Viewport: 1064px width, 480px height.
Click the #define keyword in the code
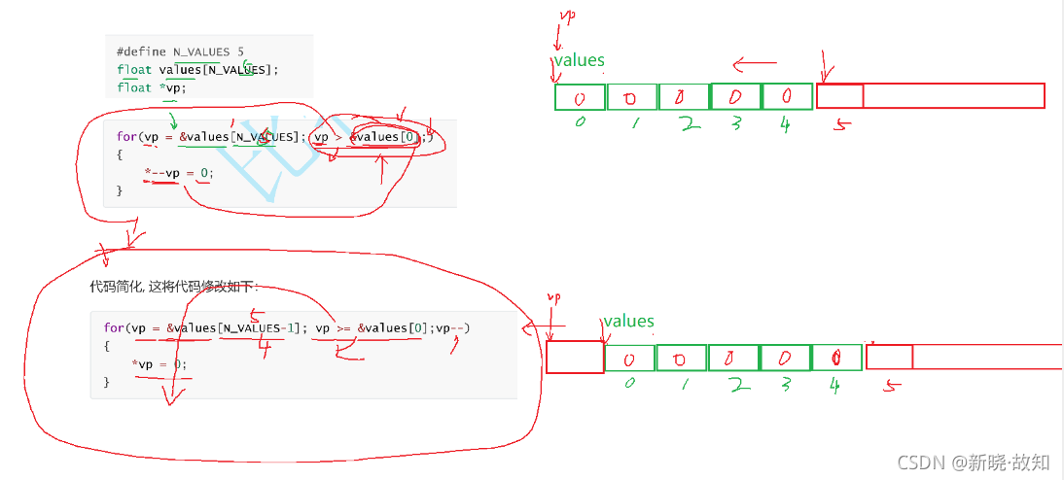point(142,51)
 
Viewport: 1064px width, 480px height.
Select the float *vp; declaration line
point(151,87)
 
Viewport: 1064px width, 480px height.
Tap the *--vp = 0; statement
point(177,173)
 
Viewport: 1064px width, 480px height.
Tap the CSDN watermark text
point(973,462)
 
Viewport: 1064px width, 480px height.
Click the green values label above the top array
point(580,60)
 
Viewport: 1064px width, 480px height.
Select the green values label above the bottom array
point(628,322)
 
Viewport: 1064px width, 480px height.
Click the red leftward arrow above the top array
point(755,65)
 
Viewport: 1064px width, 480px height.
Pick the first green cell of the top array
point(580,97)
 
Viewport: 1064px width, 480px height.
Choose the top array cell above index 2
point(684,97)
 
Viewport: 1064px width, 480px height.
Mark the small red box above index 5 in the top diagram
point(839,95)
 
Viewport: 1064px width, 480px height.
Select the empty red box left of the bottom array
point(575,357)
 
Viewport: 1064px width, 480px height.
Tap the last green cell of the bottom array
point(837,358)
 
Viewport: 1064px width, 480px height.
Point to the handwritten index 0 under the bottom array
point(629,383)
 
